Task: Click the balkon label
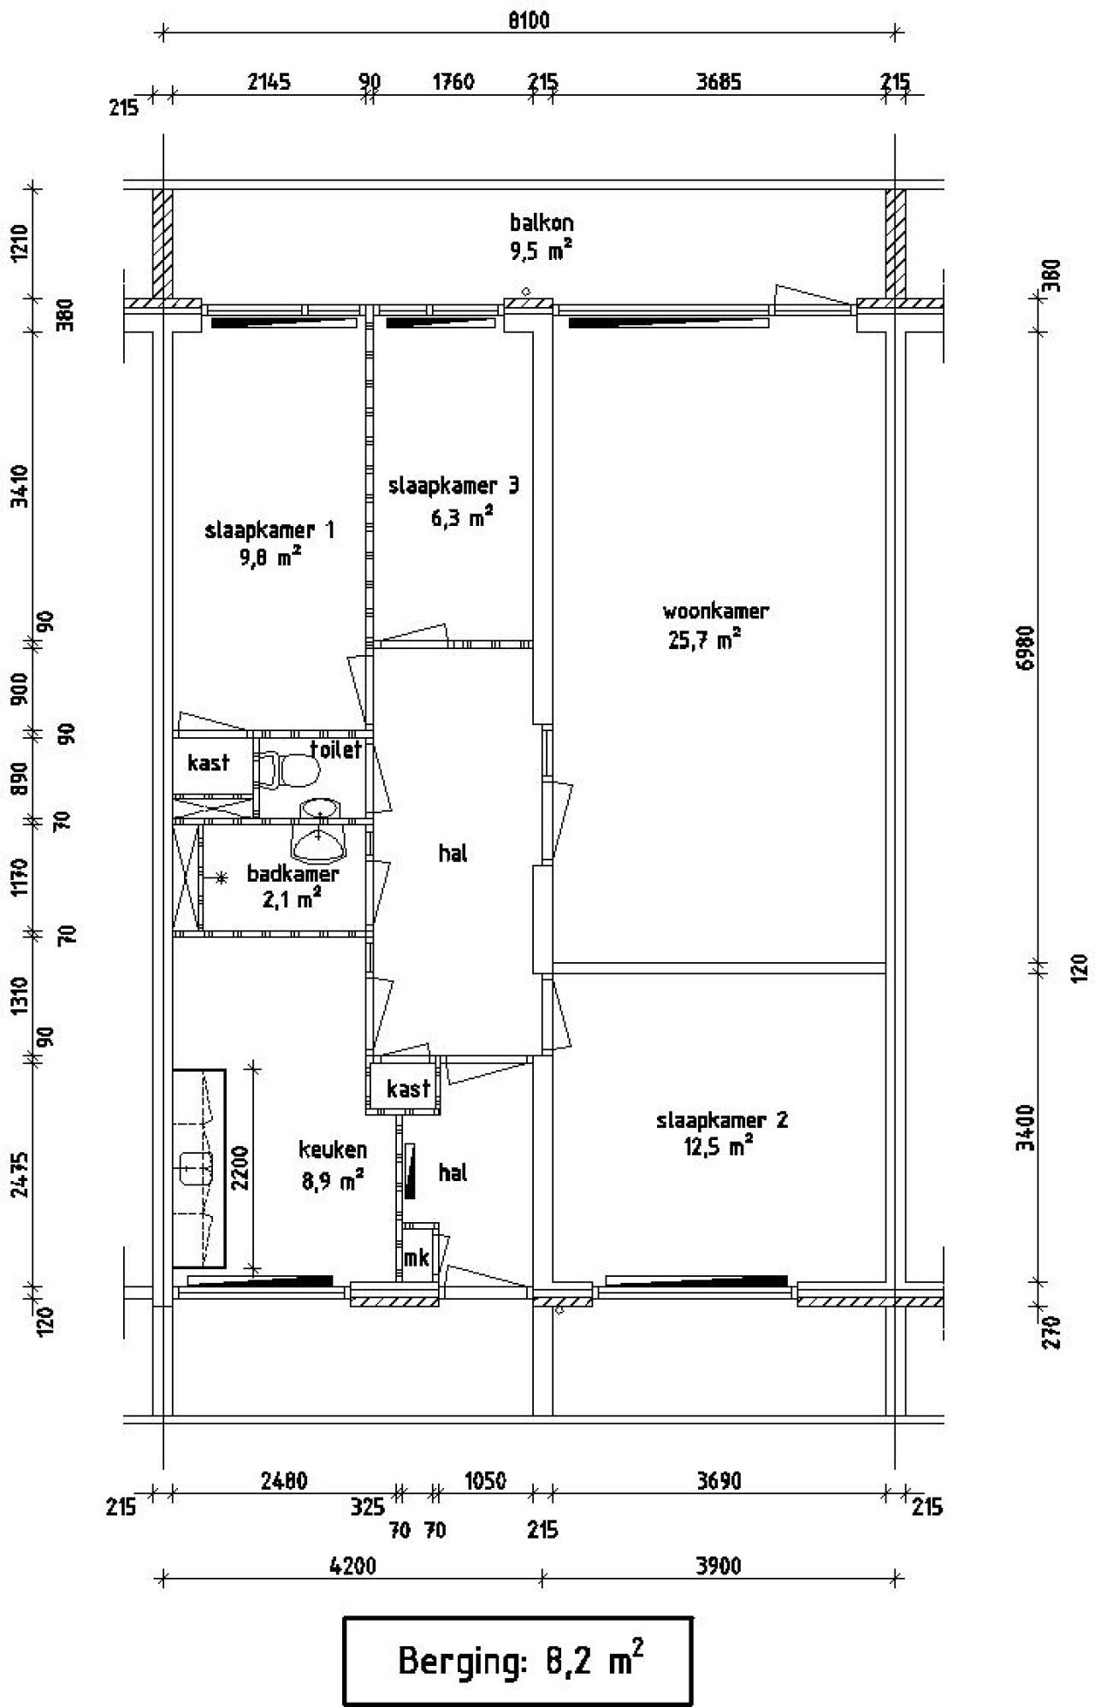tap(542, 223)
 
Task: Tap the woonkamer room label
tap(715, 611)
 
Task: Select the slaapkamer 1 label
tap(269, 530)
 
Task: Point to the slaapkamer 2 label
tap(722, 1120)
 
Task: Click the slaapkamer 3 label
tap(453, 487)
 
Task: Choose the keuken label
tap(333, 1149)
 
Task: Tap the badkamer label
tap(293, 874)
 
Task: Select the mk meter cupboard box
tap(417, 1257)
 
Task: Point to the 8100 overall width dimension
tap(529, 20)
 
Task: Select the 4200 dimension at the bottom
tap(352, 1566)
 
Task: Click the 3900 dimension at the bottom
tap(717, 1566)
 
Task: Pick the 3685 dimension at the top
tap(719, 82)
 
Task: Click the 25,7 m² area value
tap(703, 640)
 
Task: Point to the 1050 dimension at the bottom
tap(485, 1480)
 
